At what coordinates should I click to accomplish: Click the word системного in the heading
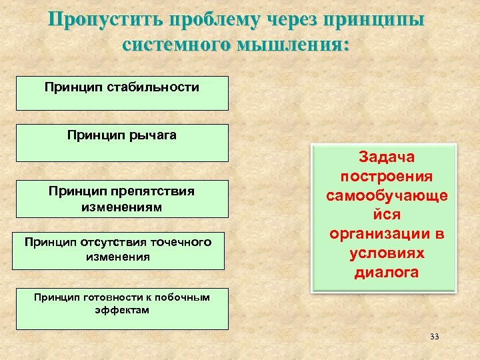(x=176, y=45)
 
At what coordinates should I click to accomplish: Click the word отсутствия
(x=117, y=242)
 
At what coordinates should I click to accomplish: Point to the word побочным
(x=179, y=297)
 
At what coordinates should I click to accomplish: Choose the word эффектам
(x=122, y=310)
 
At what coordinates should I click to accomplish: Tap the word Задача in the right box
(x=386, y=157)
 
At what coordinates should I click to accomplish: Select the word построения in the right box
(x=386, y=177)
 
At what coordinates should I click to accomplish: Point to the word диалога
(x=386, y=273)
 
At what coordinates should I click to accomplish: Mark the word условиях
(x=386, y=254)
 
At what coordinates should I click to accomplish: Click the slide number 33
(x=435, y=337)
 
